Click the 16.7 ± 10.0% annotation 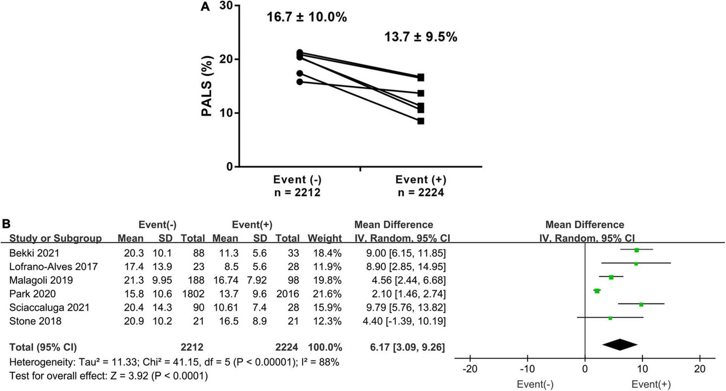(307, 18)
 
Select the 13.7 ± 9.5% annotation (420, 37)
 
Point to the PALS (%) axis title (208, 86)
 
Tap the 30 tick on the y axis (226, 6)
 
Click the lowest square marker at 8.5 (421, 121)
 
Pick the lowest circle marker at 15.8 (299, 82)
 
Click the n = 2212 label (297, 193)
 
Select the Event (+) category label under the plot (421, 180)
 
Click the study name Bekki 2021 (34, 253)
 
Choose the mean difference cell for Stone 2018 (404, 321)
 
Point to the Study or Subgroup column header (55, 239)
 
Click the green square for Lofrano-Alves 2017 (636, 264)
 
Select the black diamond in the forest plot (620, 345)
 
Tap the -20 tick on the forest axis (470, 369)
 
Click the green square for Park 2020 (597, 291)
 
